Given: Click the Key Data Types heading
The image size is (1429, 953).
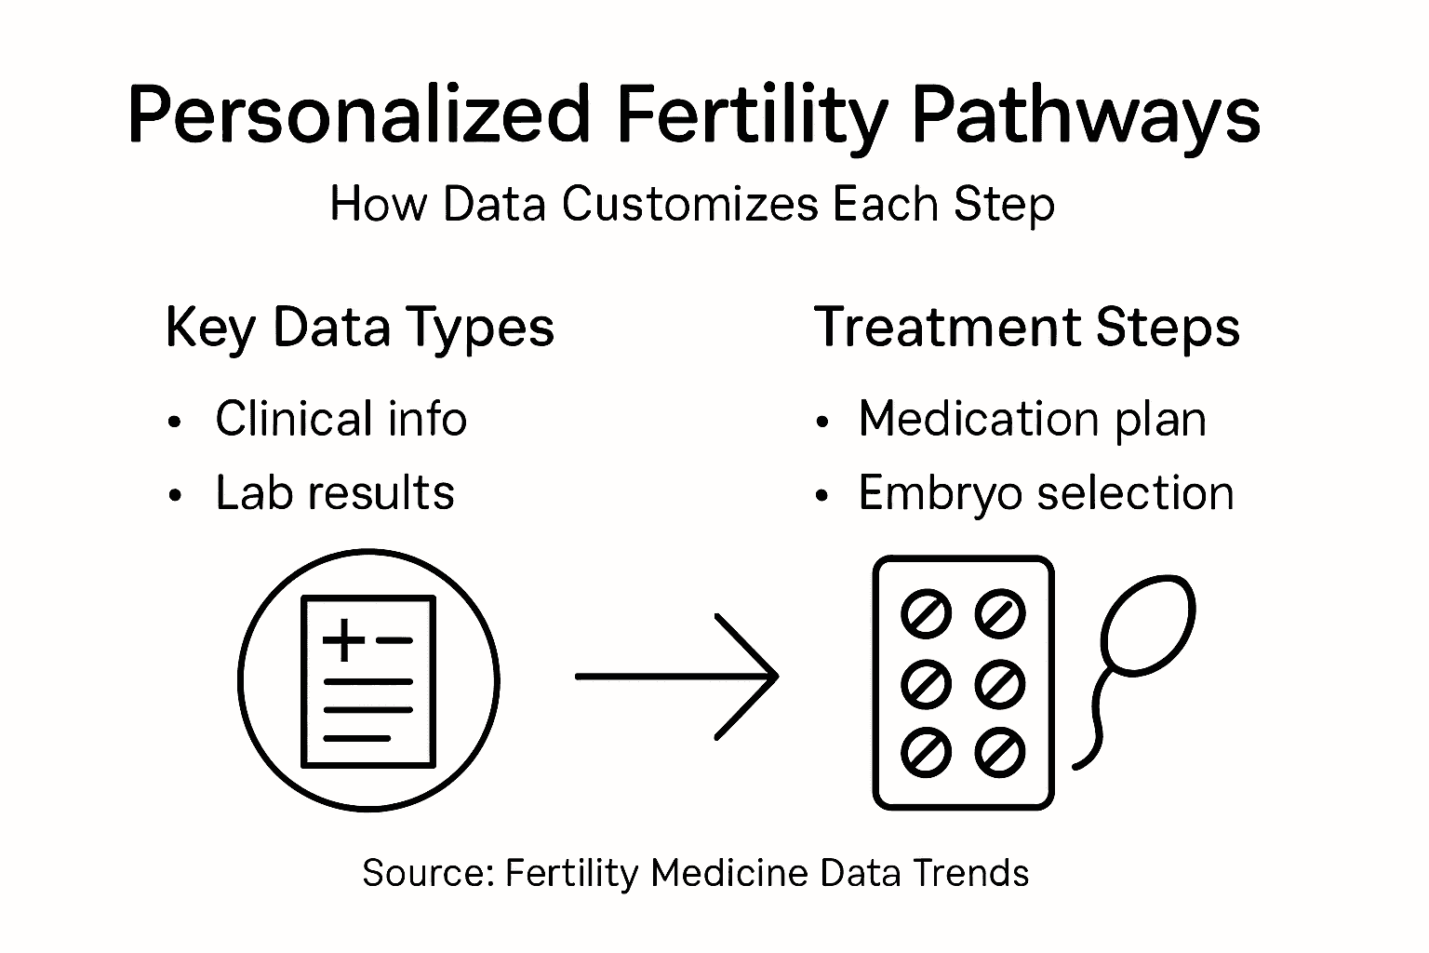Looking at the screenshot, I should click(x=359, y=329).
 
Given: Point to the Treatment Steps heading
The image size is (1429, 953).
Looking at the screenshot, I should click(x=1027, y=328).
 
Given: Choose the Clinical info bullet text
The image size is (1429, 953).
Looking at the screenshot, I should click(x=341, y=418).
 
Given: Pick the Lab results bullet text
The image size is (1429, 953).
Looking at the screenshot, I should click(x=335, y=492).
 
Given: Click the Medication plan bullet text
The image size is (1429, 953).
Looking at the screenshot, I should click(x=1033, y=418).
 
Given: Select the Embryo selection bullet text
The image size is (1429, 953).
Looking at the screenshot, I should click(x=1046, y=492).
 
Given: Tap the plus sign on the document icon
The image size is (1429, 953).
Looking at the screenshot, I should click(x=343, y=639).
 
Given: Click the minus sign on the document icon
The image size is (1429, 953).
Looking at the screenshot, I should click(x=394, y=639).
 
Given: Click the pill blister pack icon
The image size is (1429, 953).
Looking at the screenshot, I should click(x=963, y=682).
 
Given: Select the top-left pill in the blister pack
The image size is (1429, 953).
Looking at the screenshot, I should click(x=927, y=614).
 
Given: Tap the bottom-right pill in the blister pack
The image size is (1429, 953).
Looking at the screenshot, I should click(x=1000, y=752).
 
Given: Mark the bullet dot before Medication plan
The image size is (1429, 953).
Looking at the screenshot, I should click(x=821, y=422).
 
